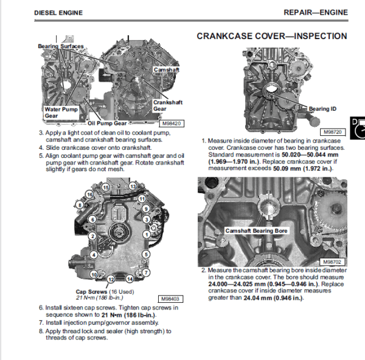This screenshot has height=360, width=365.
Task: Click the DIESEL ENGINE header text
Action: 58,13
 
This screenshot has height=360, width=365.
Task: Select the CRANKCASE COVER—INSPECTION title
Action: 272,36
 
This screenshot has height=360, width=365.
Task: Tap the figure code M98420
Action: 172,124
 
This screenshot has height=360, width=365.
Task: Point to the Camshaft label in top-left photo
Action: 167,69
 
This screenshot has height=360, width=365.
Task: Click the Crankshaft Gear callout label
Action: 168,105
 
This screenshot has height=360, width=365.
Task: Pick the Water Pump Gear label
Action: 61,112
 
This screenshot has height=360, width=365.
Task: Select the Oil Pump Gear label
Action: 107,123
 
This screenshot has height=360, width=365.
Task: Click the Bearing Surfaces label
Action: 61,46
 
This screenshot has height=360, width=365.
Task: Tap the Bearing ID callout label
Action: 322,108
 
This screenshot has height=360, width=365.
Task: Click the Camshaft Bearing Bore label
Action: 256,231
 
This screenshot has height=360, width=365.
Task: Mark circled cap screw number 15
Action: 106,188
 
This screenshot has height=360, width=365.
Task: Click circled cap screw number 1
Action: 147,235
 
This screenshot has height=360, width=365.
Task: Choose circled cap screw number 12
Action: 111,280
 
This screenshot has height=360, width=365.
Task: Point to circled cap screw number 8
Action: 80,205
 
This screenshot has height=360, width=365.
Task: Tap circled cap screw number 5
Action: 146,254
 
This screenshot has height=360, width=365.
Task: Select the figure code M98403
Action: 170,299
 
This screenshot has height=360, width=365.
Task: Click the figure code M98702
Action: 332,261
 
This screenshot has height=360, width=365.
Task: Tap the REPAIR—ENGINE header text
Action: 316,12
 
